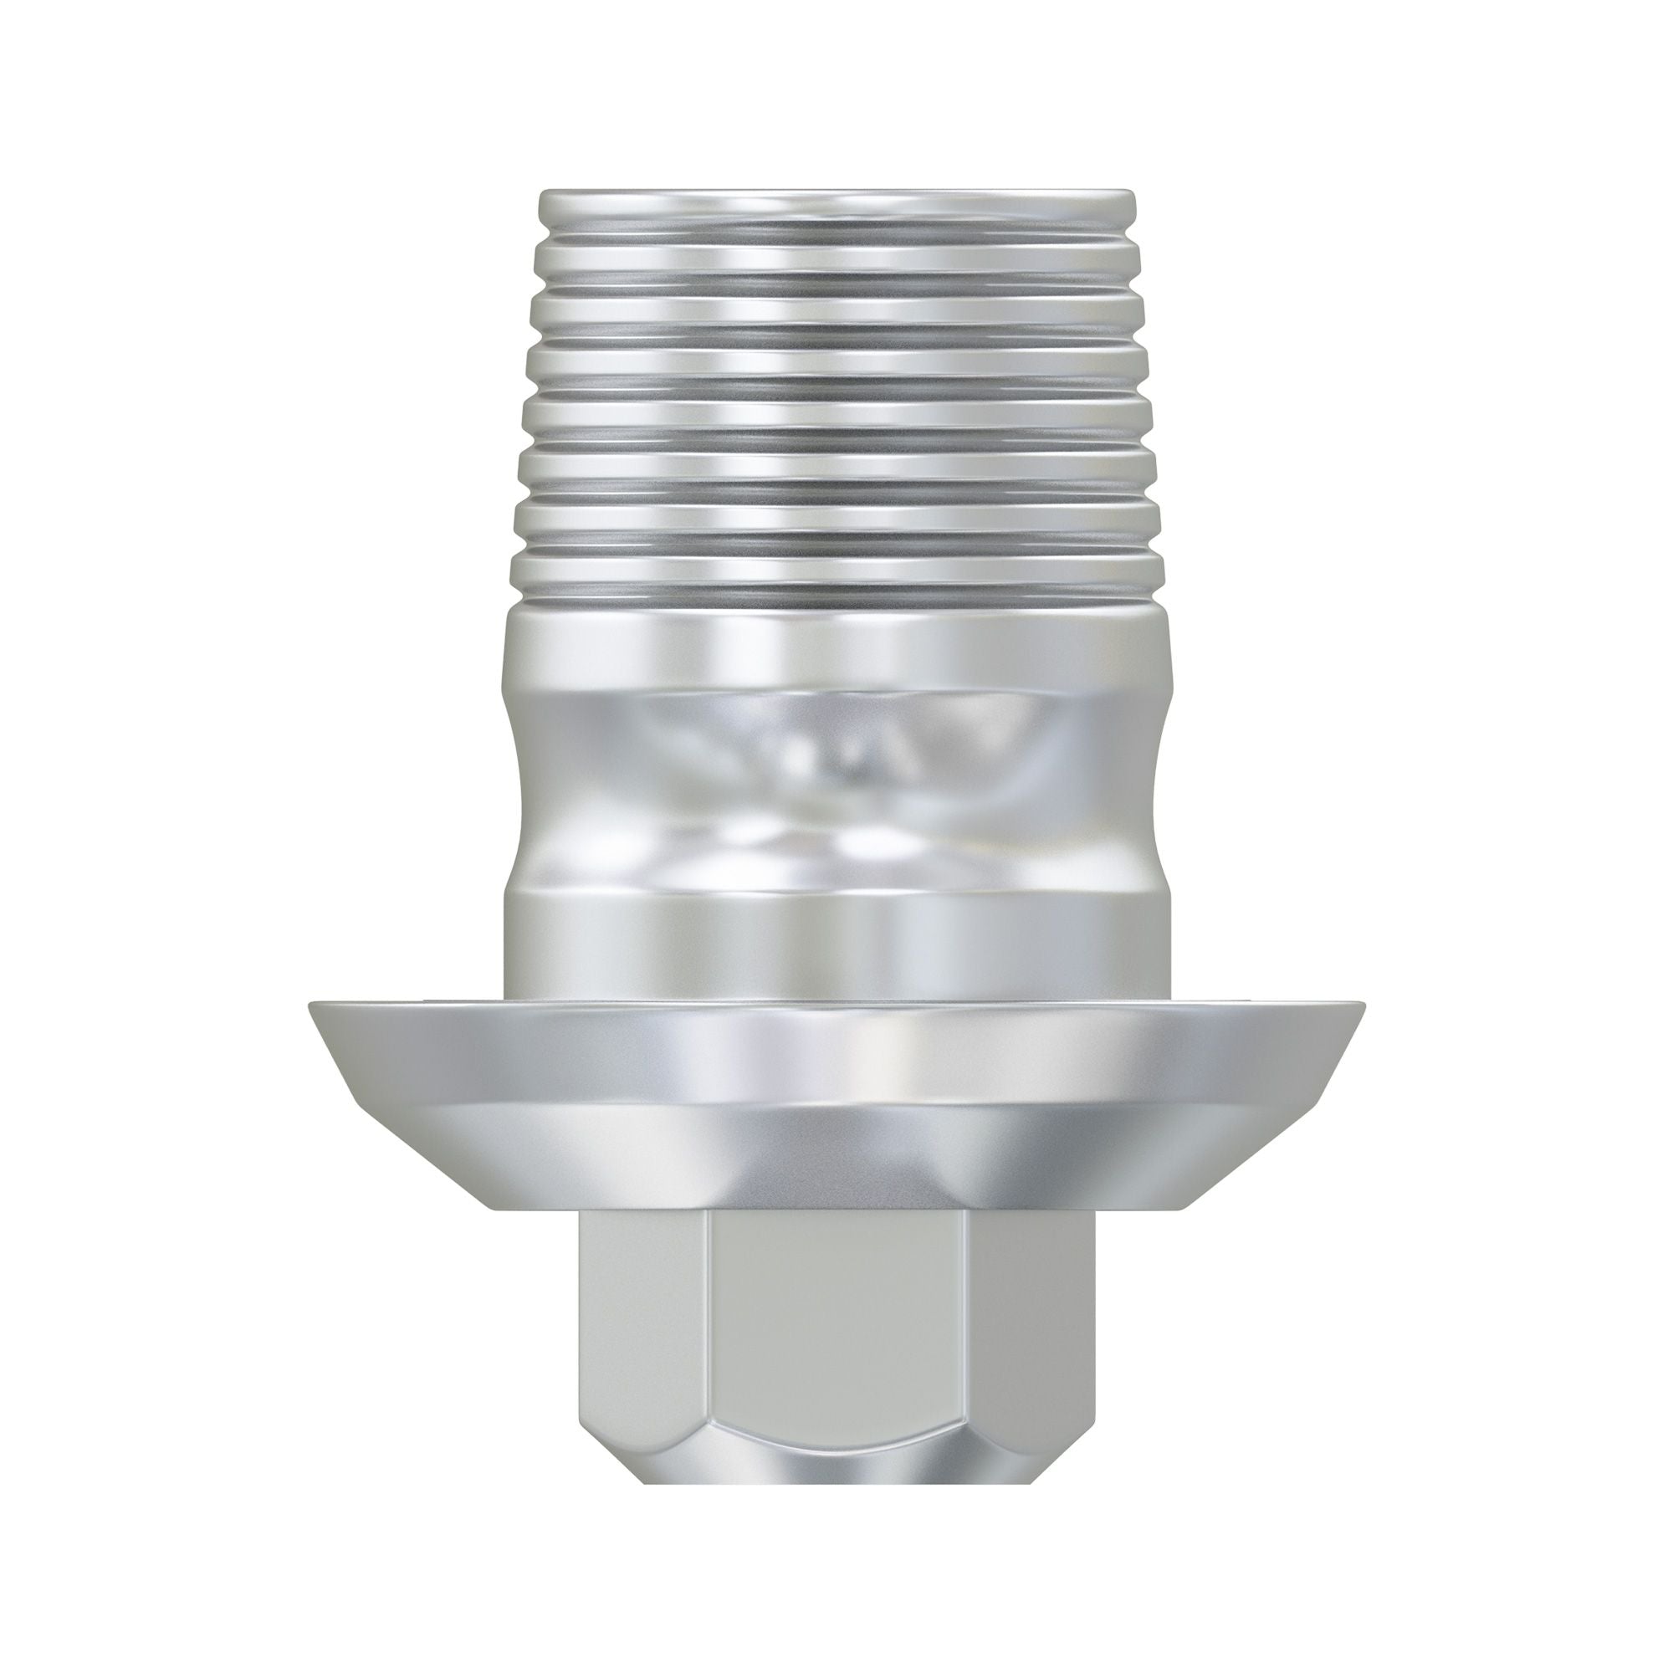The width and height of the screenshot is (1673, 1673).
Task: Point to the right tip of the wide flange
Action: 1361,1007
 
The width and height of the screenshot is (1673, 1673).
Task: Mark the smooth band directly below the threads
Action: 836,649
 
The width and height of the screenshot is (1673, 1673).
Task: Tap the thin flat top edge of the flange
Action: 836,1005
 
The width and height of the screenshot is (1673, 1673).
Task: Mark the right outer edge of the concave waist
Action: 1155,780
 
